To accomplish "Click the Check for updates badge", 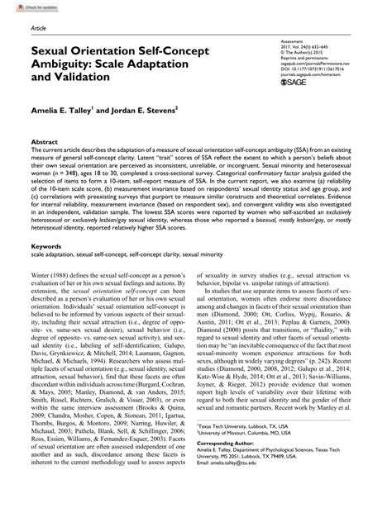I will pyautogui.click(x=23, y=7).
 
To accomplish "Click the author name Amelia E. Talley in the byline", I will pyautogui.click(x=66, y=112).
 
